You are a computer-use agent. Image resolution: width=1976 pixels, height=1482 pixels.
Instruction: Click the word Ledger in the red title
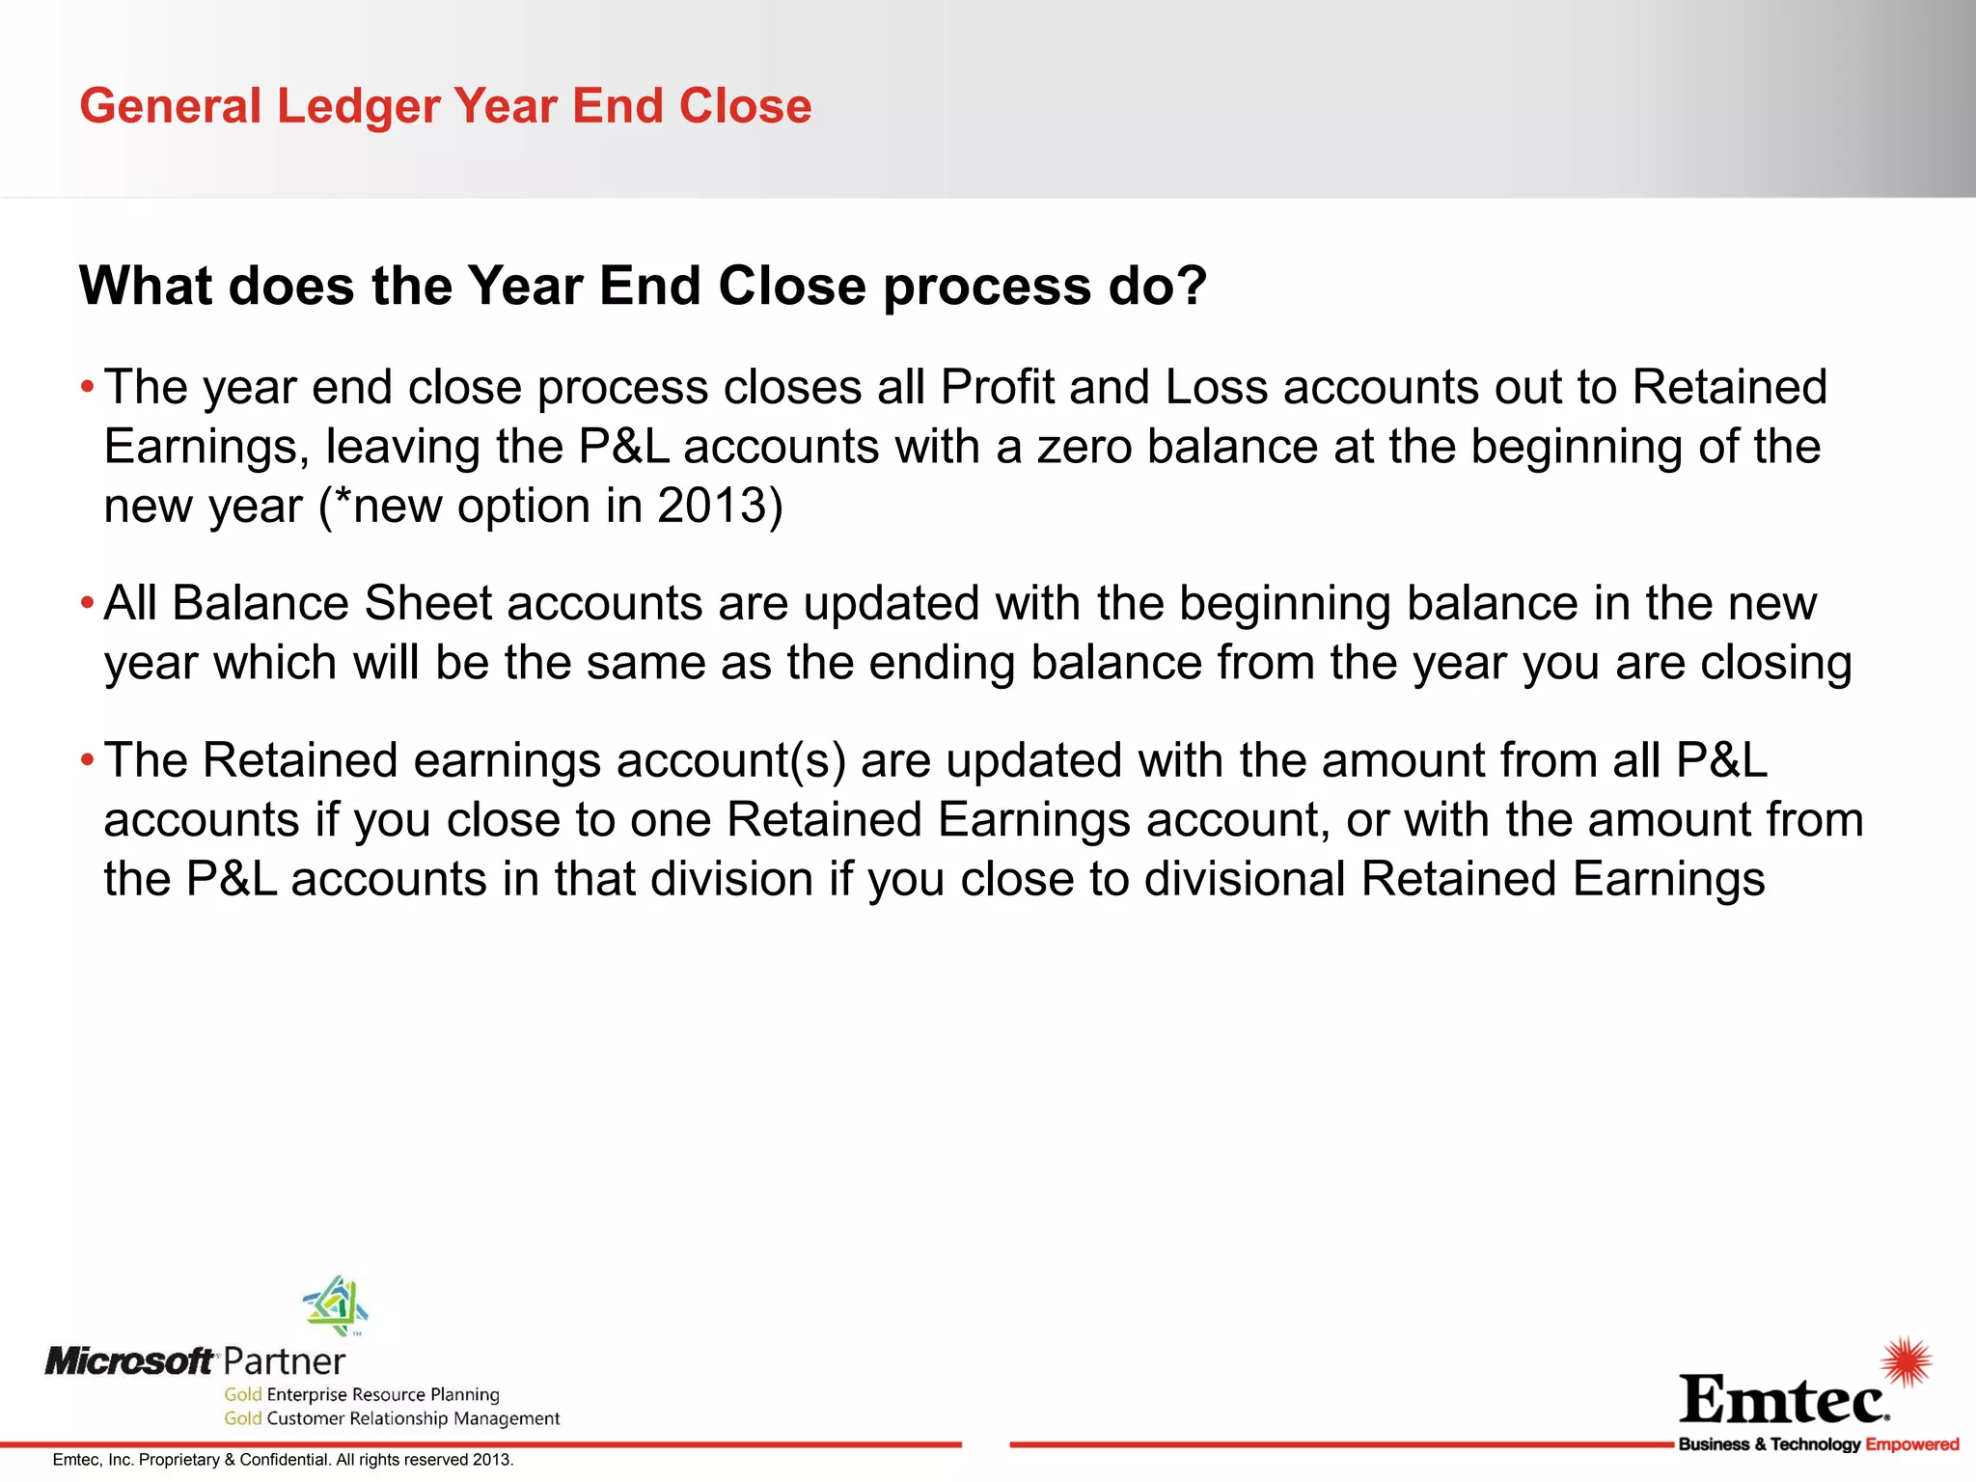click(358, 106)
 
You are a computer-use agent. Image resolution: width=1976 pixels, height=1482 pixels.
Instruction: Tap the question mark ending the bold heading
click(1192, 286)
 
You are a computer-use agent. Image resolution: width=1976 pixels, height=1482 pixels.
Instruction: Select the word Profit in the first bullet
click(997, 388)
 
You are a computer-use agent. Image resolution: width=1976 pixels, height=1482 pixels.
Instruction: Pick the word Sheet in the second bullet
click(428, 604)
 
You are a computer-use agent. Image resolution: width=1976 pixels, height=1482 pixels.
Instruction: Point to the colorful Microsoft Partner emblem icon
click(336, 1305)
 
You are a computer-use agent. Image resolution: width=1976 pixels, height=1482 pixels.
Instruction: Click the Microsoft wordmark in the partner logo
click(130, 1361)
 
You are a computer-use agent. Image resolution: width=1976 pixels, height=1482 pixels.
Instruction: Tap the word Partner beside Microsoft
click(284, 1361)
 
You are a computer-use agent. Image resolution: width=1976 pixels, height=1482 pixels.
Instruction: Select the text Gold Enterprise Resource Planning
click(362, 1394)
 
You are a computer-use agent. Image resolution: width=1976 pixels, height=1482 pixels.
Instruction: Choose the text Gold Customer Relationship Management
click(392, 1418)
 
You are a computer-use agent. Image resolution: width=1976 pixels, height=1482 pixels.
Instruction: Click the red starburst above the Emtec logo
click(1906, 1361)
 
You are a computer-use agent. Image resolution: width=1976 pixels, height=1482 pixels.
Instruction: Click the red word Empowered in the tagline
click(1911, 1444)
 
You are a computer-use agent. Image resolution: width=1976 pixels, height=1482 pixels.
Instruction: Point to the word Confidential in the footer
click(285, 1460)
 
